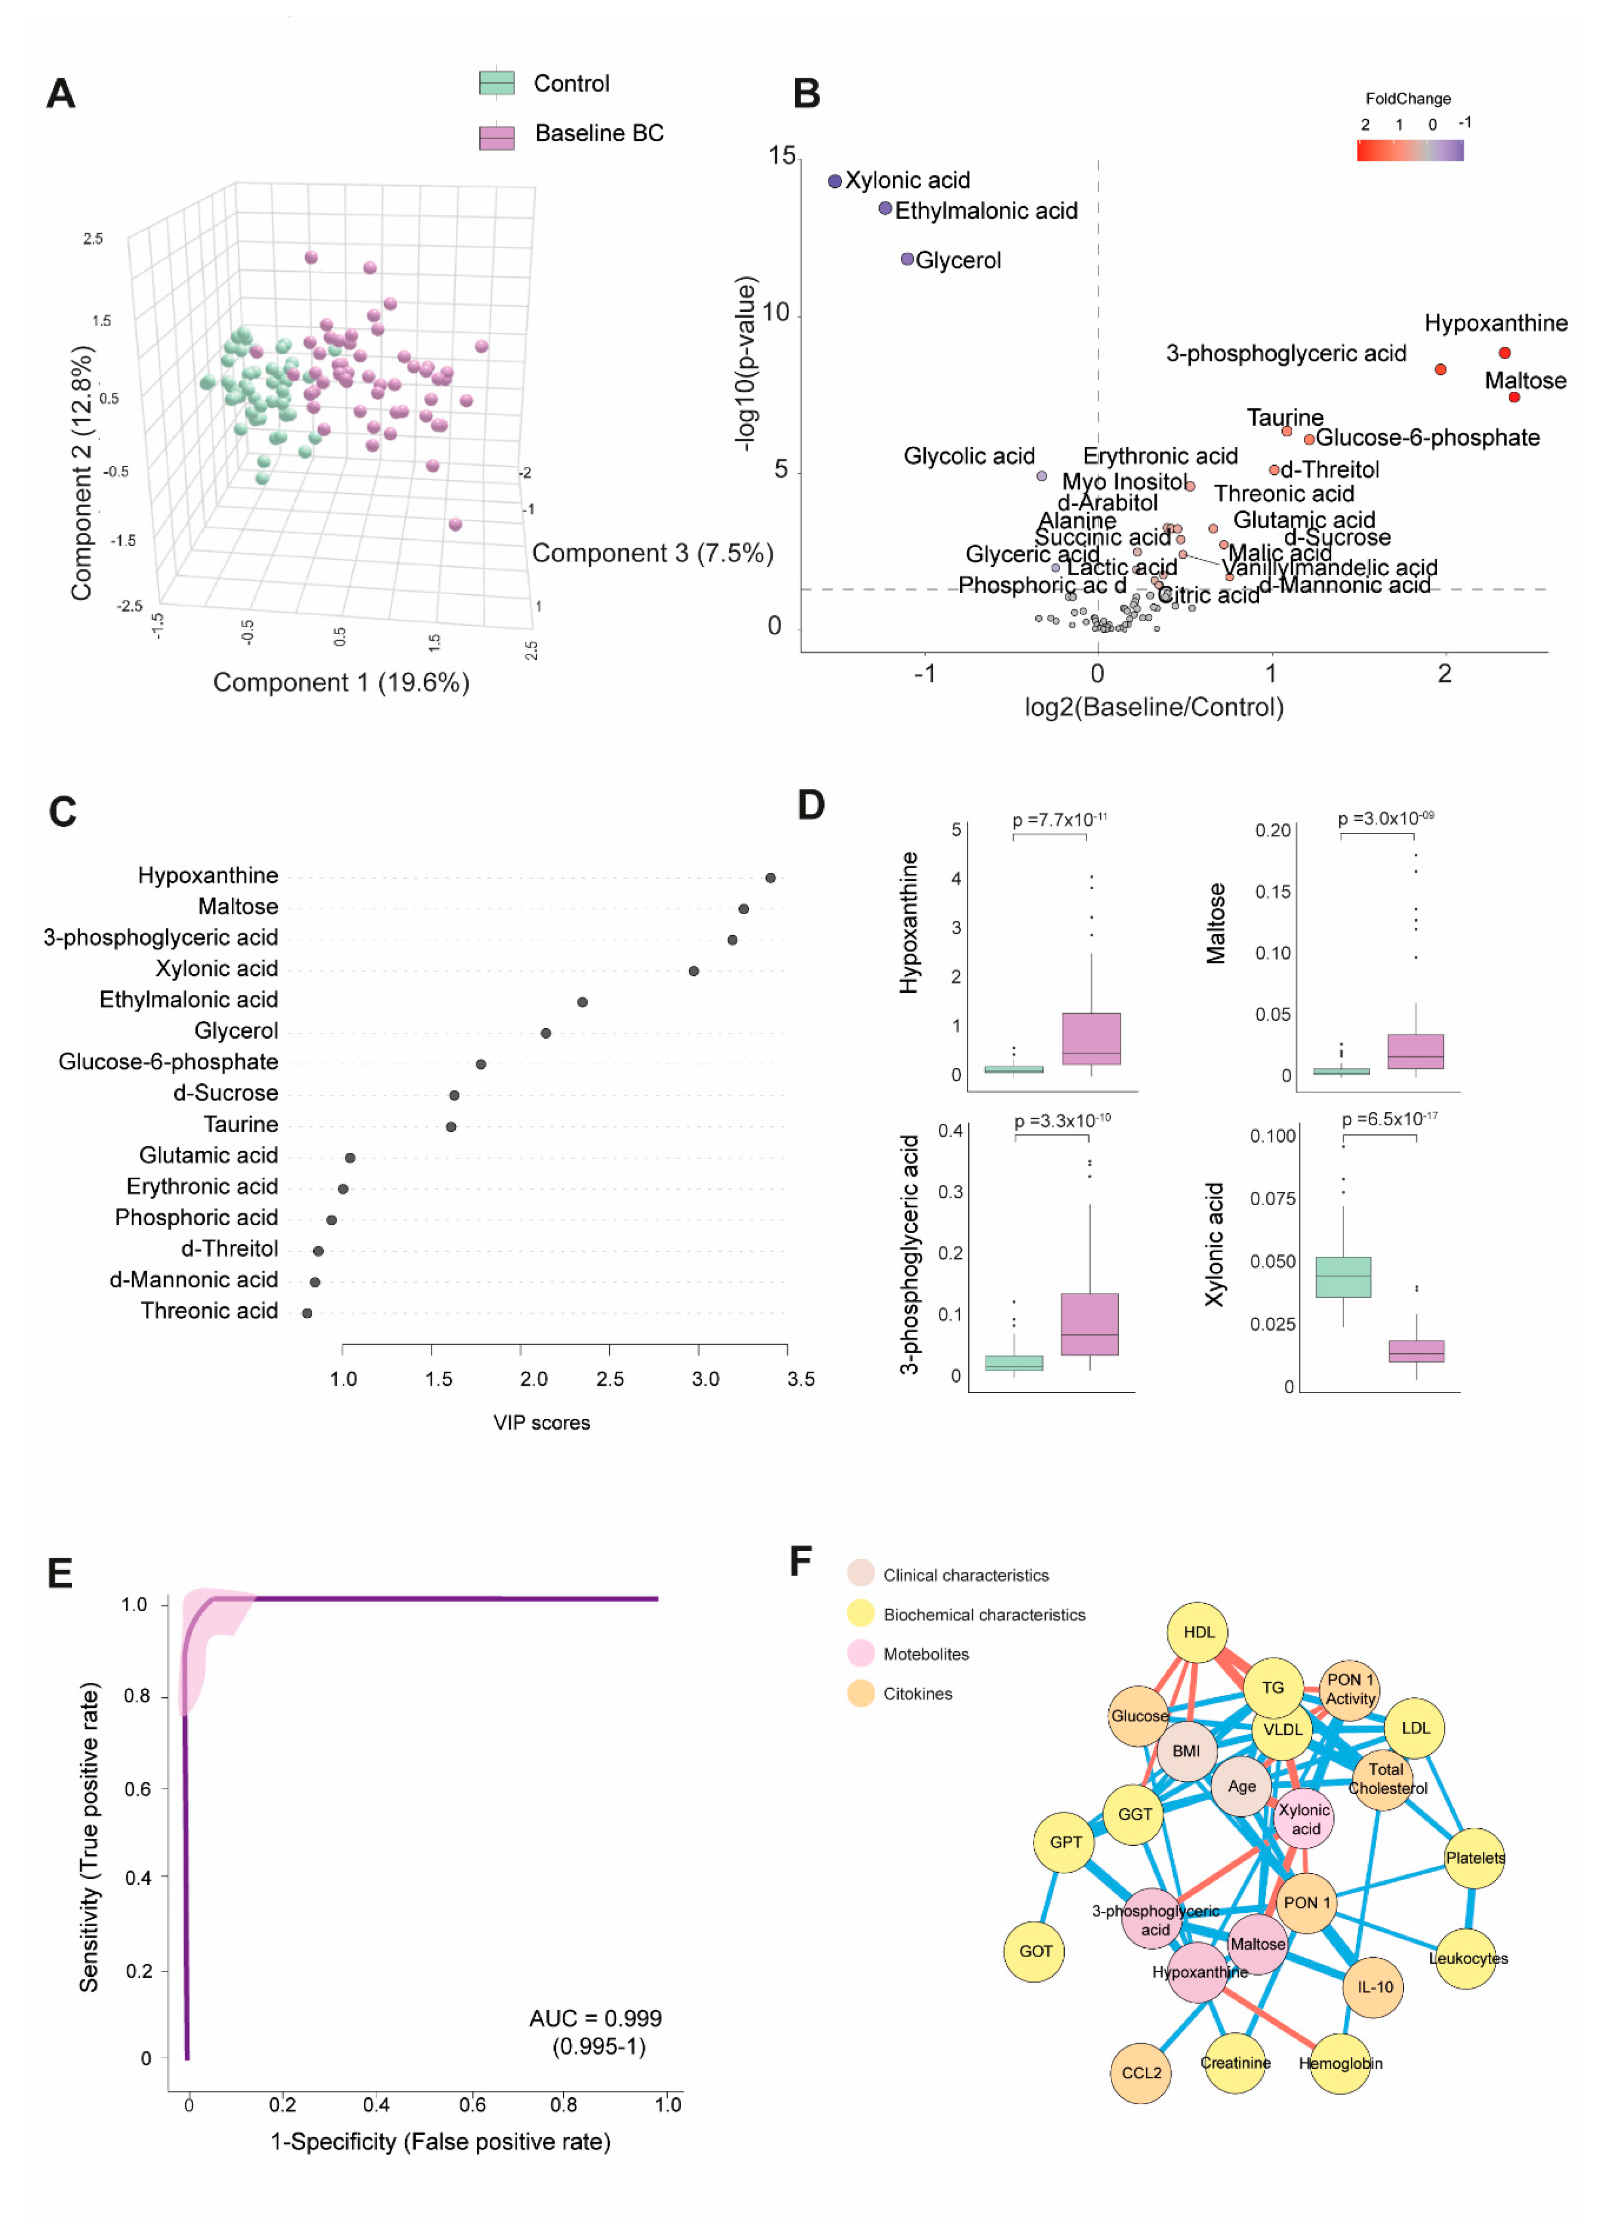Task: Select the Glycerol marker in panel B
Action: point(907,259)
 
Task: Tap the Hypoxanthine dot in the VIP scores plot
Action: point(770,877)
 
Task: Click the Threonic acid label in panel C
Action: point(209,1310)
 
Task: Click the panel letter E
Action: point(60,1573)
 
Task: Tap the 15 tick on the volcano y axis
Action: point(782,156)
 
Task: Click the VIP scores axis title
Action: point(541,1422)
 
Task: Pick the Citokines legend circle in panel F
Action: point(861,1693)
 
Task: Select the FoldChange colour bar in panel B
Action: point(1410,150)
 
